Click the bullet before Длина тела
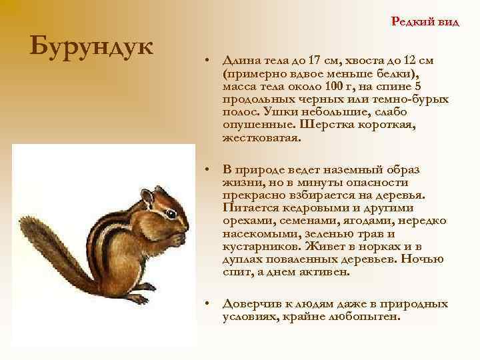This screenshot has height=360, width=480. click(x=209, y=60)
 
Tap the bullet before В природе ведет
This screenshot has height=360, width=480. click(x=209, y=170)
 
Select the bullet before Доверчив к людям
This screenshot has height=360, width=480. click(x=209, y=304)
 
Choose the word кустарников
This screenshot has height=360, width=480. click(x=257, y=246)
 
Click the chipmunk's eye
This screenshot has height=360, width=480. click(x=171, y=214)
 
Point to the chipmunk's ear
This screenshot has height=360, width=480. click(x=147, y=197)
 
